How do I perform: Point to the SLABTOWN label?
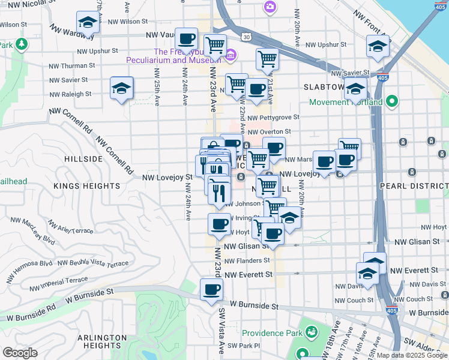(324, 87)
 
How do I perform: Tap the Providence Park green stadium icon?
(311, 332)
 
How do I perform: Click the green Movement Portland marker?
(393, 101)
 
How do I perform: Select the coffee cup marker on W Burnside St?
(211, 290)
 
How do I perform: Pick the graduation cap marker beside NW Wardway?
(88, 24)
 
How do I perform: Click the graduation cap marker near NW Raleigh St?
(121, 89)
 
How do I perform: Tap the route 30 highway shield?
(247, 37)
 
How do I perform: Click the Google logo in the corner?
(20, 352)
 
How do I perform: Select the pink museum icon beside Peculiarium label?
(231, 56)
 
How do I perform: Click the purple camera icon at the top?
(270, 7)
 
